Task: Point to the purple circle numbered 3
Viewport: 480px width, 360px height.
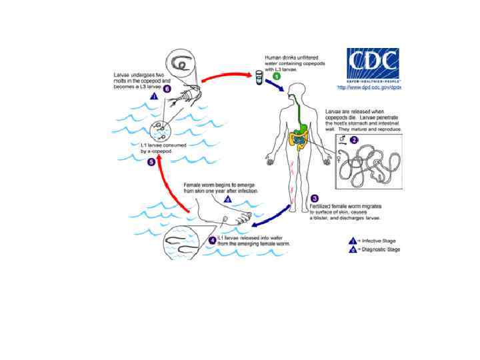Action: pos(314,197)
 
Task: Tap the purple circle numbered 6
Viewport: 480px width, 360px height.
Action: pos(167,87)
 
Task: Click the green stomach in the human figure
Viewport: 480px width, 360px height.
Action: pos(303,124)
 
